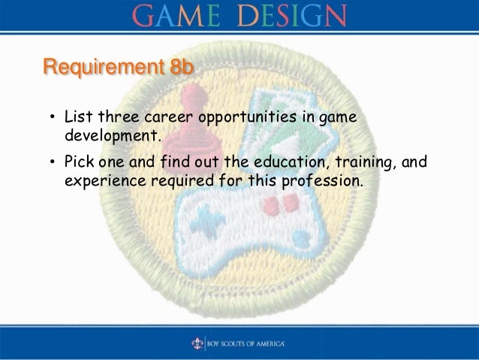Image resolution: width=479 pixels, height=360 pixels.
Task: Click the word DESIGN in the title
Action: coord(291,14)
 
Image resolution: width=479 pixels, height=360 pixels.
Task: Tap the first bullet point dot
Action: coord(53,119)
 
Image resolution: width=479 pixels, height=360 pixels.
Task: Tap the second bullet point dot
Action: coord(53,164)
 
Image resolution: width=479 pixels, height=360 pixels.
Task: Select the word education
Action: coord(279,163)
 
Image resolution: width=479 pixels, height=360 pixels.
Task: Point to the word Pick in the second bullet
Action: coord(78,163)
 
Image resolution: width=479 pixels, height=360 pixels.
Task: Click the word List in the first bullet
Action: coord(77,119)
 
